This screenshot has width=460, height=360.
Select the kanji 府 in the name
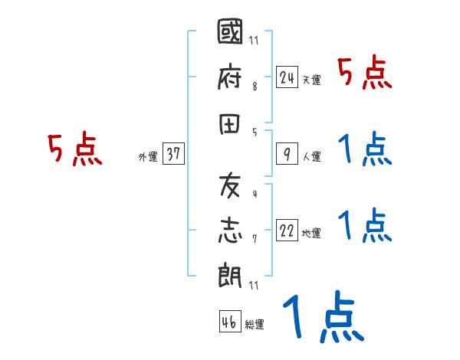[231, 78]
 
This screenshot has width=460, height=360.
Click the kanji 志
[231, 228]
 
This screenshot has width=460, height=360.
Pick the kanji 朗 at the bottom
[231, 270]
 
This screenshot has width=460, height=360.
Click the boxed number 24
[287, 77]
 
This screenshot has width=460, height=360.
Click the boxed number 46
[229, 322]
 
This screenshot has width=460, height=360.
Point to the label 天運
[311, 80]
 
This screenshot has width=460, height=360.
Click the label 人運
[311, 157]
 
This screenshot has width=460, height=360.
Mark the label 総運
[255, 325]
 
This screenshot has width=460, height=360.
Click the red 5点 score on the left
[75, 150]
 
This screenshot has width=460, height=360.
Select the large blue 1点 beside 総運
[323, 316]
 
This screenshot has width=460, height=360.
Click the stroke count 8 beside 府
[255, 86]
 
